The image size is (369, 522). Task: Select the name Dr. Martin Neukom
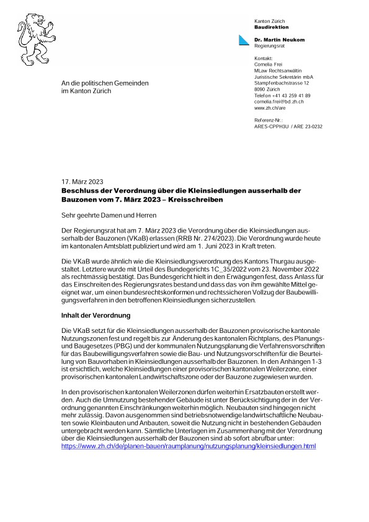(x=279, y=39)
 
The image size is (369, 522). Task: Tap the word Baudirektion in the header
(x=272, y=27)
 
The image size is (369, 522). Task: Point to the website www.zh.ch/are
(x=270, y=108)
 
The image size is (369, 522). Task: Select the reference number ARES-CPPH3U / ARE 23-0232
(x=288, y=126)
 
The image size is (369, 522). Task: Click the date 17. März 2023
(x=82, y=182)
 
